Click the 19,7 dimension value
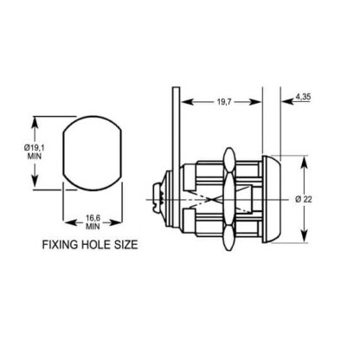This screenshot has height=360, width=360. (224, 102)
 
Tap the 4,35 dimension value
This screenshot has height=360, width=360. (303, 97)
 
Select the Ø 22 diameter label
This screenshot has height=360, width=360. (304, 199)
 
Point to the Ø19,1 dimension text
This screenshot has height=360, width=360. (35, 148)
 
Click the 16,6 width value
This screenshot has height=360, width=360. (93, 218)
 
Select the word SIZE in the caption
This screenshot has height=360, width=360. (126, 245)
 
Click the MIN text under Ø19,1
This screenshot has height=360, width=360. (35, 157)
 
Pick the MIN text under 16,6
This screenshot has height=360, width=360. (93, 227)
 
